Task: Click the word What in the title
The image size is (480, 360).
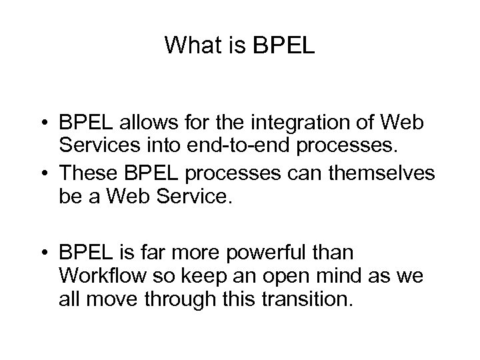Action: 189,46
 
